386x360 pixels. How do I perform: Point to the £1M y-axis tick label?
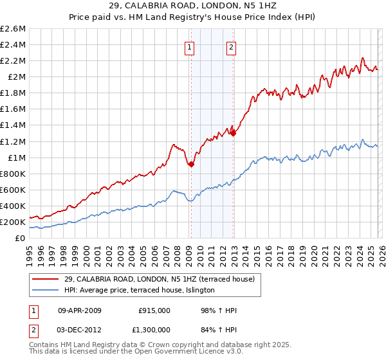click(x=16, y=157)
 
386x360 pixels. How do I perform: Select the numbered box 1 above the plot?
click(x=190, y=46)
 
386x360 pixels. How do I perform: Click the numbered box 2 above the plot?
click(x=231, y=46)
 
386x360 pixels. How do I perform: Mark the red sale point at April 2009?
click(x=191, y=165)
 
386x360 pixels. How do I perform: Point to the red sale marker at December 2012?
click(x=233, y=133)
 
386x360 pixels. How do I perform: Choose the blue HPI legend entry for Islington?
click(x=142, y=291)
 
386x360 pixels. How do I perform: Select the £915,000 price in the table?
click(x=154, y=310)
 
